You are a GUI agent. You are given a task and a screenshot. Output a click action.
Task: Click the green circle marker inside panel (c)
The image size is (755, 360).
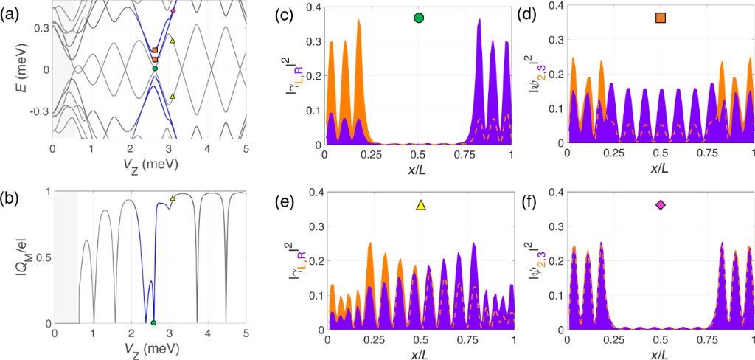(419, 18)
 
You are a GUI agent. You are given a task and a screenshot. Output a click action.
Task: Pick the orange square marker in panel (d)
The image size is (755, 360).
(661, 18)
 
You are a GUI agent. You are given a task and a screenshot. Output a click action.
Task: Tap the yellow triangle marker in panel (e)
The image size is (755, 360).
(420, 206)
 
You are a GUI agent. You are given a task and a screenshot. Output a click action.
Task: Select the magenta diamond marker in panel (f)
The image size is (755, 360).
(661, 206)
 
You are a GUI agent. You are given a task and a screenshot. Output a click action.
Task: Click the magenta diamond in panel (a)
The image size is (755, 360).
(173, 11)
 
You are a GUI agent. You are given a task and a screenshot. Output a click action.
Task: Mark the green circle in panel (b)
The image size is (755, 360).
(153, 323)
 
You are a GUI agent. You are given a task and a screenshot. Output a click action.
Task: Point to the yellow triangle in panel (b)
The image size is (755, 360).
(173, 198)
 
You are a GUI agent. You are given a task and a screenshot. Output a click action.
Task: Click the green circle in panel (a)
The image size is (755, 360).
(155, 69)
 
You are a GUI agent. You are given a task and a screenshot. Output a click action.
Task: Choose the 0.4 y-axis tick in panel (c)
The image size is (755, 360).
(310, 7)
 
